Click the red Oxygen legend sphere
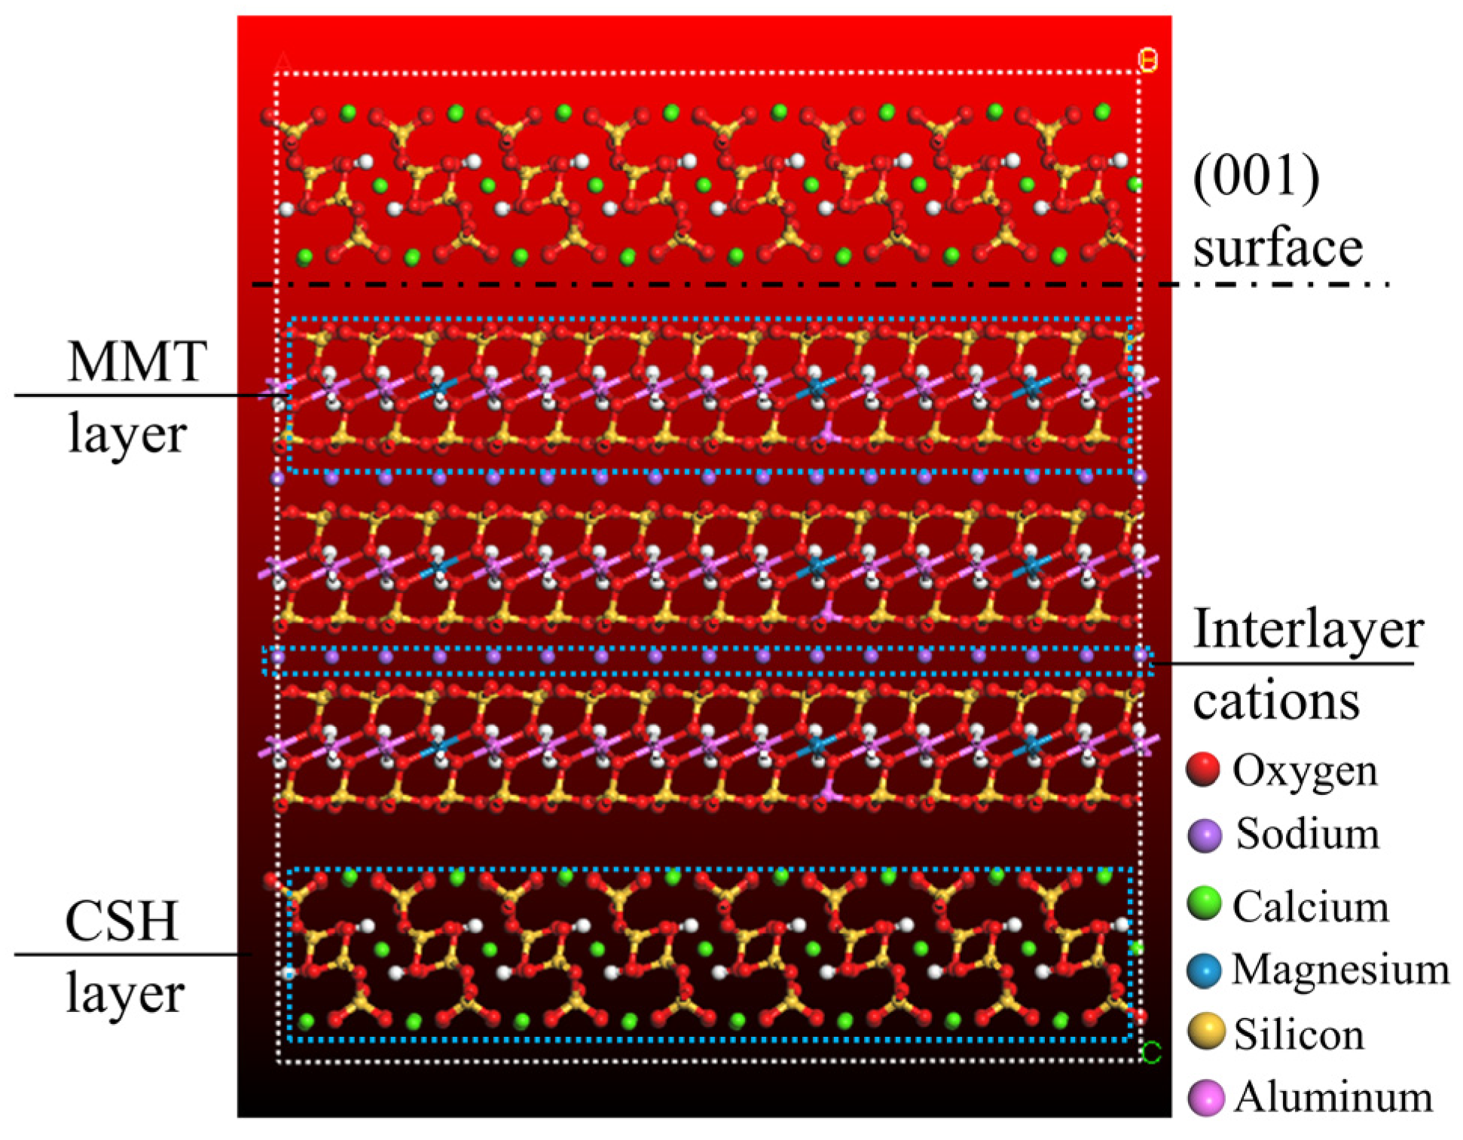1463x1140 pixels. tap(1203, 769)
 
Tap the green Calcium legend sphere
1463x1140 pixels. tap(1204, 903)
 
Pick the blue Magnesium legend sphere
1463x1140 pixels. tap(1204, 970)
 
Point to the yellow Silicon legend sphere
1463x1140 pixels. tap(1205, 1032)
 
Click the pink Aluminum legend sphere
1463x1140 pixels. tap(1205, 1097)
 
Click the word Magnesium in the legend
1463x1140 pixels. tap(1340, 970)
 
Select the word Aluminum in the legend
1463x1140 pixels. tap(1333, 1097)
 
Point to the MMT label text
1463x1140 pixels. tap(136, 362)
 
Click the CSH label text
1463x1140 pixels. tap(122, 921)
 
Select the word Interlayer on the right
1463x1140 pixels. tap(1308, 629)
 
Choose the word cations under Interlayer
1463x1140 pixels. tap(1276, 701)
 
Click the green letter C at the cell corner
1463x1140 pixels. tap(1151, 1053)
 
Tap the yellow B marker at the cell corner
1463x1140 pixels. tap(1147, 60)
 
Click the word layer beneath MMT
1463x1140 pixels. tap(127, 435)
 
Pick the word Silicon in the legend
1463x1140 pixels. tap(1299, 1034)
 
